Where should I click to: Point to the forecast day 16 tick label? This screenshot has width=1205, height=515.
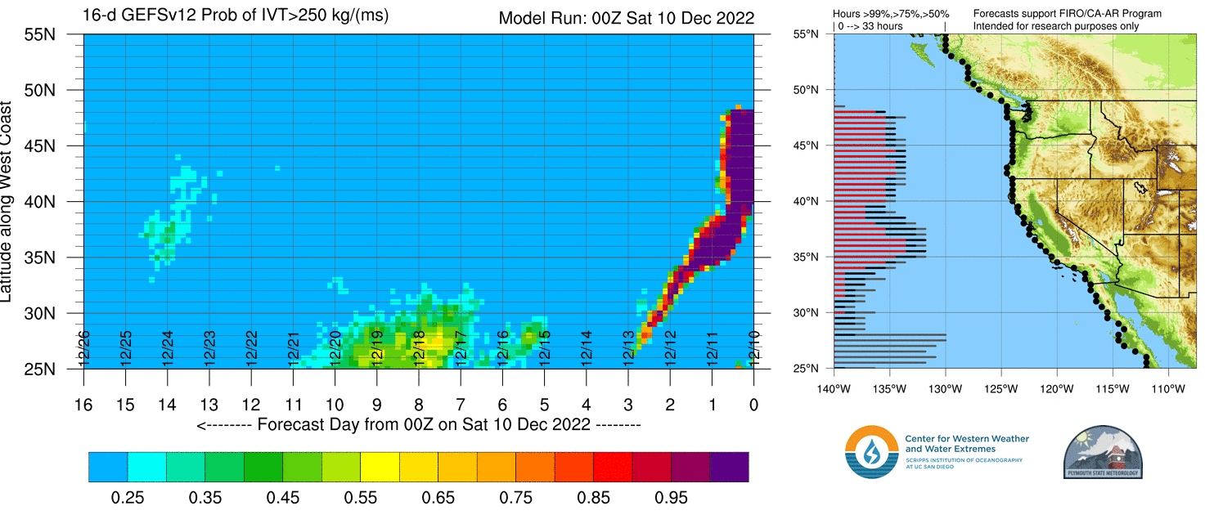pos(83,404)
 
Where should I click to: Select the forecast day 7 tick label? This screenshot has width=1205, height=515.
pos(461,404)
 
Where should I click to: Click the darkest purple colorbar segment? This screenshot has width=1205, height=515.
pos(729,467)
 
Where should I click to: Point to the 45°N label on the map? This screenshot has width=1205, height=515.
pos(807,146)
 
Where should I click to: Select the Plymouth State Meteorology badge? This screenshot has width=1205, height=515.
pos(1102,451)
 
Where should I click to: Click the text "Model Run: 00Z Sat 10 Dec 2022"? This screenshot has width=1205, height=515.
pos(626,18)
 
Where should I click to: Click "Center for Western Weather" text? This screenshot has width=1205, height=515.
pos(967,439)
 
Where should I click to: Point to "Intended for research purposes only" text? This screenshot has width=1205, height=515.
pos(1055,27)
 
